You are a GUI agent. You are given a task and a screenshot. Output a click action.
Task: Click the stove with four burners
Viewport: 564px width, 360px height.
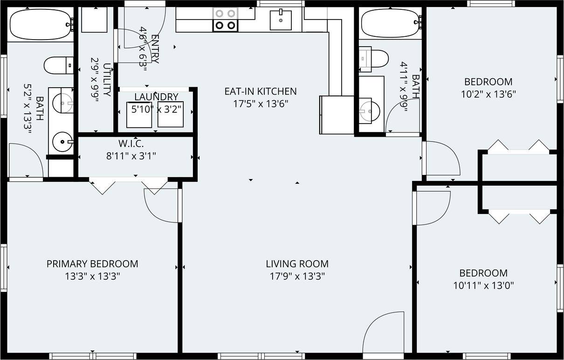tap(226, 20)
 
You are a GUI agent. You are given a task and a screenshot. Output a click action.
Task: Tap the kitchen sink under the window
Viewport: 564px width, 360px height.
tap(281, 20)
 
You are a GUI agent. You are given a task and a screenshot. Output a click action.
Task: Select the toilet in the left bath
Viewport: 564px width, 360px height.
tap(58, 65)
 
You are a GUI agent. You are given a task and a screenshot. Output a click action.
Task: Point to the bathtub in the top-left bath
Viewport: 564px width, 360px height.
tap(40, 24)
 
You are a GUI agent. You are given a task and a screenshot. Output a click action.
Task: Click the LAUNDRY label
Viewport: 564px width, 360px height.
tap(156, 97)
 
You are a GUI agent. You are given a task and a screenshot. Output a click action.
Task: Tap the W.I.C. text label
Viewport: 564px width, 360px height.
tap(131, 144)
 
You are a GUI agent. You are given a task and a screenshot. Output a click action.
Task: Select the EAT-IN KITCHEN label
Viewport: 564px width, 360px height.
tap(261, 91)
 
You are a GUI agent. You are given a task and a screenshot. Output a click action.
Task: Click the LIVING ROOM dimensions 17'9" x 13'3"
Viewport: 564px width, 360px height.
tap(297, 276)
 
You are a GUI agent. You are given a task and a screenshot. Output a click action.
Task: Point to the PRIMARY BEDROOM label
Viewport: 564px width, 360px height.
tap(92, 264)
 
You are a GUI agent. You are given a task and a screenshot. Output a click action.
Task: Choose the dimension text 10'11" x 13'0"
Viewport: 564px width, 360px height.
tap(483, 285)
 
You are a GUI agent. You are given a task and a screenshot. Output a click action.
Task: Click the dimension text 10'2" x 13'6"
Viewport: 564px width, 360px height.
tap(488, 94)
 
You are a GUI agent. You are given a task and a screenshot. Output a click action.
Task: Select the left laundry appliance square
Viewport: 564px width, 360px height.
tap(139, 115)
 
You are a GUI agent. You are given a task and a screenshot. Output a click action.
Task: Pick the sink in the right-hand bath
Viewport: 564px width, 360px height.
tap(369, 110)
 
